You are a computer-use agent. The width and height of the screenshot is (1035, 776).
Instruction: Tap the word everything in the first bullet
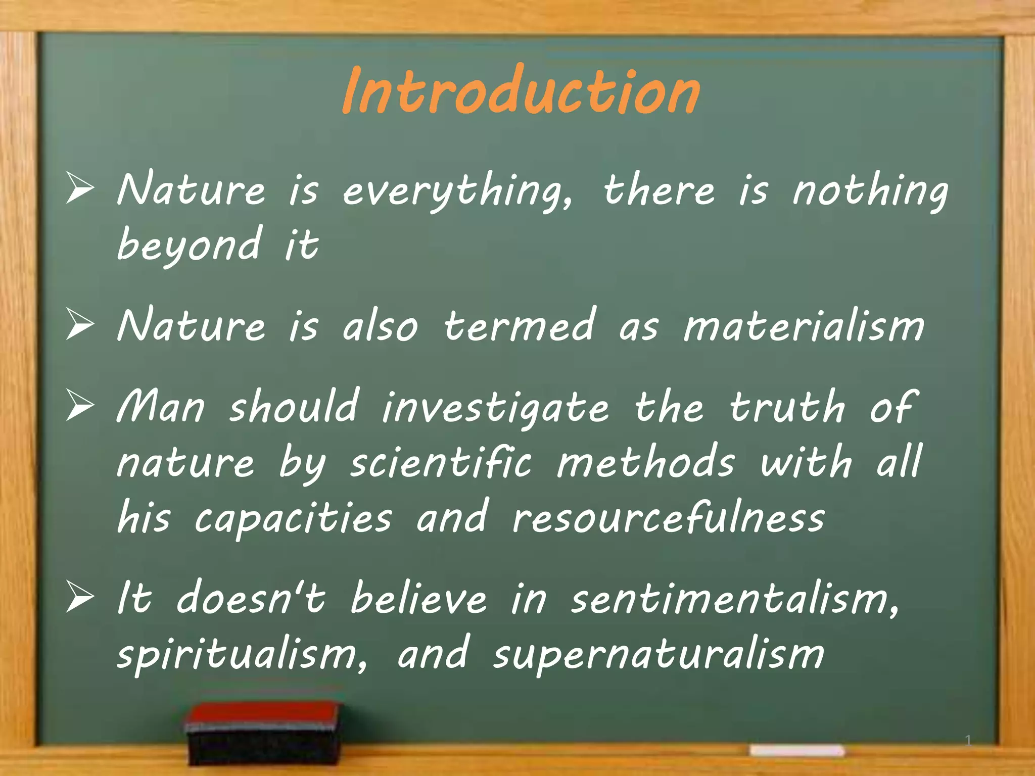457,191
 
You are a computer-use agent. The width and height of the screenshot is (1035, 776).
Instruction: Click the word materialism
804,326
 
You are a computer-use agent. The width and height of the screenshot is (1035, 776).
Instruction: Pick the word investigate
495,408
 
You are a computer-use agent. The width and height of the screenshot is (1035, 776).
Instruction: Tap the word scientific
441,463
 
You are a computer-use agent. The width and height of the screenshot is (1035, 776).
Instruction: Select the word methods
645,462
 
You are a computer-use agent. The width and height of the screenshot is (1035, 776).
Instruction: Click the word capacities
293,518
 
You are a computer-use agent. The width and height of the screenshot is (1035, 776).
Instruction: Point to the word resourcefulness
668,517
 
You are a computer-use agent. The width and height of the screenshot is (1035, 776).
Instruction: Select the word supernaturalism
658,655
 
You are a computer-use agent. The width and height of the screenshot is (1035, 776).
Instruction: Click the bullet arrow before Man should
80,407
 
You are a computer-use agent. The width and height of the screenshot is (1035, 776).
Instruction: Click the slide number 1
968,741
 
